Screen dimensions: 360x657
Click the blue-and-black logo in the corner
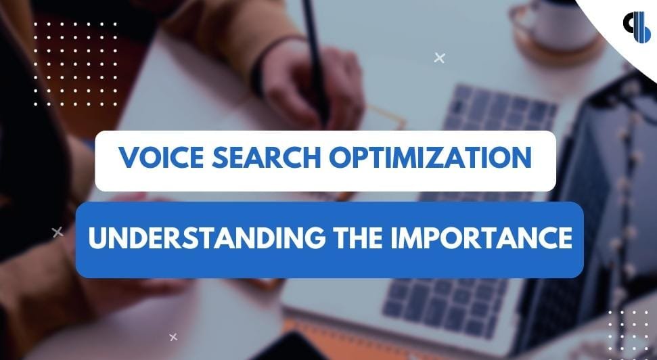[636, 28]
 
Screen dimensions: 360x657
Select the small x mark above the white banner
[439, 58]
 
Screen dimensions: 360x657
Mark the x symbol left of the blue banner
[58, 232]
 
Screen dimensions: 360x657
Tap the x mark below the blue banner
[173, 336]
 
